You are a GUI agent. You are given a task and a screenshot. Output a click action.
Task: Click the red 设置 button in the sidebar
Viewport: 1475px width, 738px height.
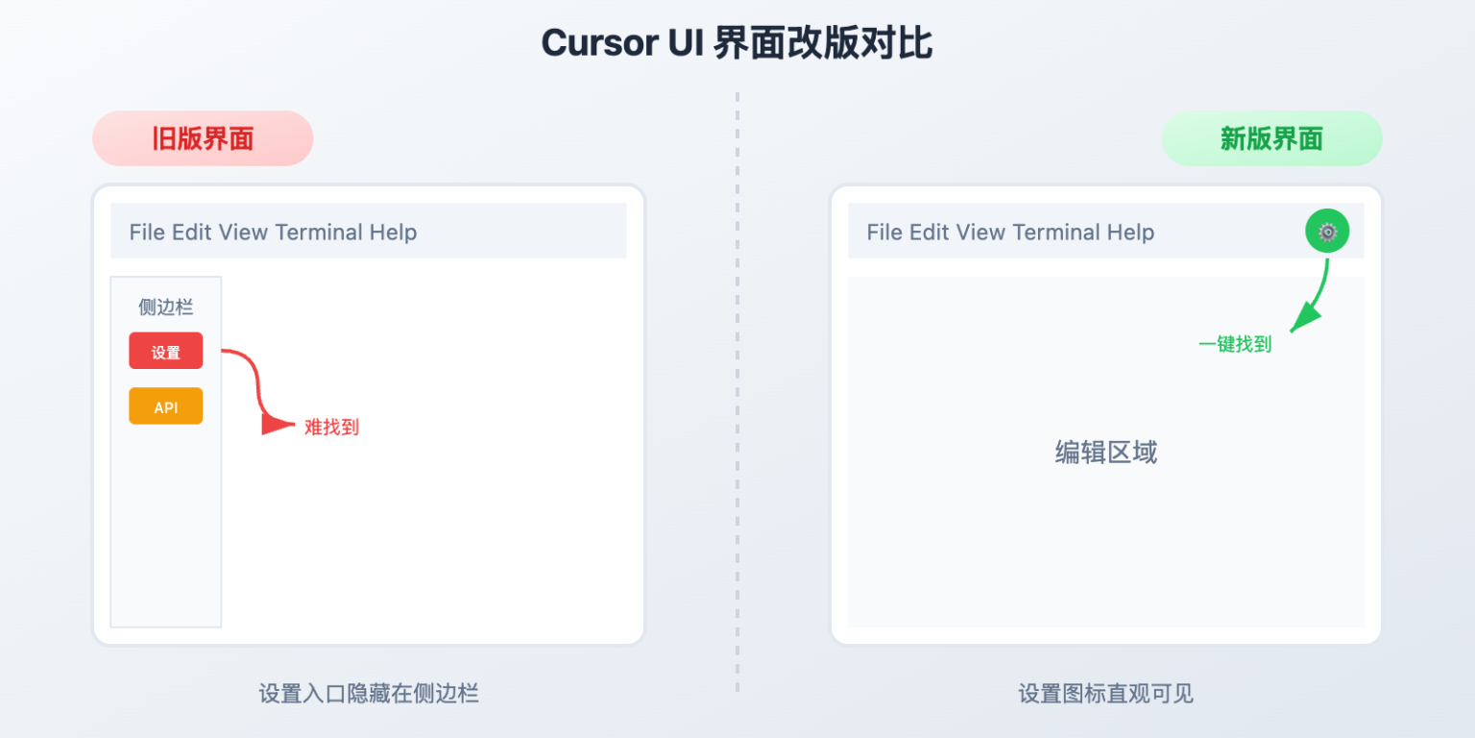tap(166, 351)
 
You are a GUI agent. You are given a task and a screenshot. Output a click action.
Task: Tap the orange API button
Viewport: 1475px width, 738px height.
tap(166, 406)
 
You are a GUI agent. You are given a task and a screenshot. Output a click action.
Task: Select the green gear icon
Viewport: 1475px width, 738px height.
tap(1327, 232)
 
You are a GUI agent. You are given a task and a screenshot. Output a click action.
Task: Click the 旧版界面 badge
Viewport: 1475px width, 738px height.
tap(203, 138)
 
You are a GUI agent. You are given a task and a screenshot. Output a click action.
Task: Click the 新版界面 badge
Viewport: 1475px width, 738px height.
tap(1271, 138)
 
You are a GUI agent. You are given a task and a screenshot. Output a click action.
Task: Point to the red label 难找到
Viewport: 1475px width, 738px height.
tap(331, 428)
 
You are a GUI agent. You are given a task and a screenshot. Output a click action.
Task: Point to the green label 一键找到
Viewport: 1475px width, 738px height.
tap(1235, 344)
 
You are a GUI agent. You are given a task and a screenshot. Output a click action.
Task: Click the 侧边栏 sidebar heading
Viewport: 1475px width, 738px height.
tap(166, 307)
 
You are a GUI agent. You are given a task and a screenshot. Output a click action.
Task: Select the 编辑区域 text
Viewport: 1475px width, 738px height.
tap(1106, 453)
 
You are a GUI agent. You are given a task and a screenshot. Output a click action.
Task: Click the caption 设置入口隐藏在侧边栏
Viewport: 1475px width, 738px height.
tap(369, 693)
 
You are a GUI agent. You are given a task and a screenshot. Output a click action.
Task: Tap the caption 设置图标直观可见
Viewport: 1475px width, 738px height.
tap(1106, 693)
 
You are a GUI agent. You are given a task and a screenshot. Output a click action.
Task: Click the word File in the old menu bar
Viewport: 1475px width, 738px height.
tap(147, 233)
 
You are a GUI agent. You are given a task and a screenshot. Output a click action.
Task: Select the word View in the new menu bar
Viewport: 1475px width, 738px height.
tap(980, 233)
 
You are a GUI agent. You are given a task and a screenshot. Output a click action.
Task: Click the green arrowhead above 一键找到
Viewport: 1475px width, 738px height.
tap(1301, 317)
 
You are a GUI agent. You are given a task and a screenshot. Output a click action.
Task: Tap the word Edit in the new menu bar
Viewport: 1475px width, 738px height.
tap(930, 233)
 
